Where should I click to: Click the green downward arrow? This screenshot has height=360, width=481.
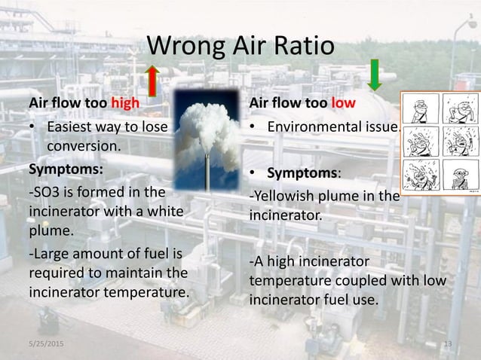click(374, 75)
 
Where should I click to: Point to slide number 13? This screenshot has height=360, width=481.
click(448, 344)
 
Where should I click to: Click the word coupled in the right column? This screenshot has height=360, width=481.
click(350, 281)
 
